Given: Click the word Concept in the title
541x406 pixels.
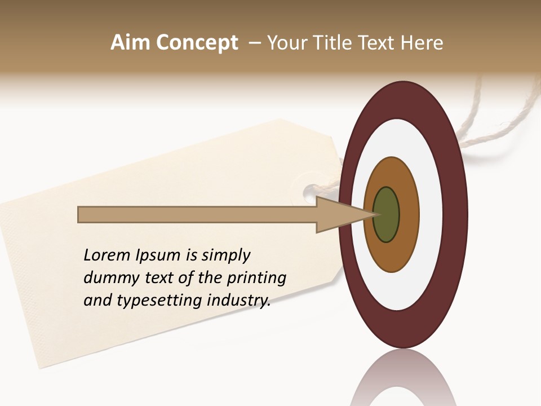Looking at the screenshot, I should coord(197,43).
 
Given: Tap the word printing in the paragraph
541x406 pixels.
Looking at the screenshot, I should coord(256,278).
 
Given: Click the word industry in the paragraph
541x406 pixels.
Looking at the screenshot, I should coord(239,301).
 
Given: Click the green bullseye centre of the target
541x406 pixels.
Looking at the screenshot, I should coord(387,214).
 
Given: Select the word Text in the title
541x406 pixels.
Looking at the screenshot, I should coord(377,43).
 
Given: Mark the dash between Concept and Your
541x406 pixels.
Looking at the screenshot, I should coord(254,43).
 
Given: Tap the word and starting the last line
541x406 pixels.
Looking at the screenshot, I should coord(97,301).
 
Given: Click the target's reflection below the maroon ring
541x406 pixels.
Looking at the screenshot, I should coord(403,378).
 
